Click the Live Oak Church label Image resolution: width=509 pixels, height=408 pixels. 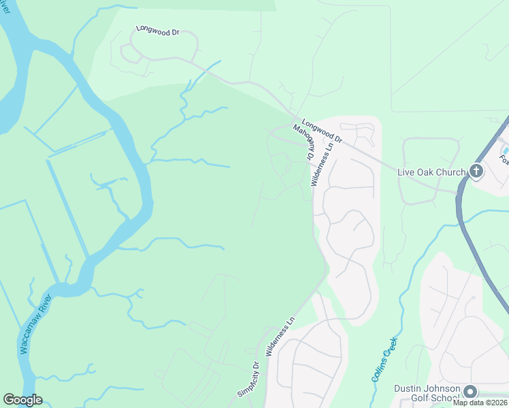432,172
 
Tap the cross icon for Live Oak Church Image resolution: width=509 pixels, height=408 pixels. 476,171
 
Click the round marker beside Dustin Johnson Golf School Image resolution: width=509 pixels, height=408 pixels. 470,391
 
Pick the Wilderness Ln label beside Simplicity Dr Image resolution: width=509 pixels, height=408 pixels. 280,337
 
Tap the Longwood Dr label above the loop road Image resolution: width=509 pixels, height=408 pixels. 157,31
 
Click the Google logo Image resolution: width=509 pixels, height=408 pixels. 22,400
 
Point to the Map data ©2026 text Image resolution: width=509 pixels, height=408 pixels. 480,403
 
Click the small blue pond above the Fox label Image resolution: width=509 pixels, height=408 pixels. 505,149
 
